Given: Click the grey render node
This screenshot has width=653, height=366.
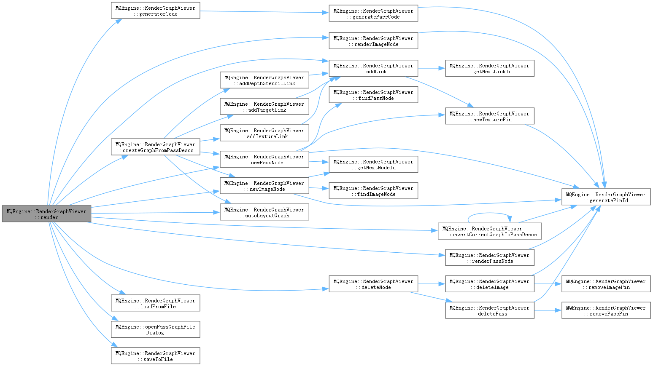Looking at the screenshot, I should pos(46,214).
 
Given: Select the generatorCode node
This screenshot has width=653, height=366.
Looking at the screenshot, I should pos(155,11).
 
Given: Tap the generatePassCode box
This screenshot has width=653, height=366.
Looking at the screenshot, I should pos(373,13).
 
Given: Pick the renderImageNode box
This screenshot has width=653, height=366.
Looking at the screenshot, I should pos(373,41).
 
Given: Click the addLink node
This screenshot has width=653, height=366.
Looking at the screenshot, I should pos(373,68).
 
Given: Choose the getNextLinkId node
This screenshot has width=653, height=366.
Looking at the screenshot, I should pos(489,68).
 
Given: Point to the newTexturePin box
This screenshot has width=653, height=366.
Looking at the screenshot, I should pos(489,116).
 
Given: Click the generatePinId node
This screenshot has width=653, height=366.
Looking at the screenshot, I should pos(606,197).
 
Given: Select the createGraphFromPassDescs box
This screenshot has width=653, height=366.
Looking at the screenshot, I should pos(155,147).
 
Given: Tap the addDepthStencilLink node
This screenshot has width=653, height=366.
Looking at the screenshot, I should pos(264,80).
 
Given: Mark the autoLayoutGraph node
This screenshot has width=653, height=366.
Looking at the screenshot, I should pos(264,212).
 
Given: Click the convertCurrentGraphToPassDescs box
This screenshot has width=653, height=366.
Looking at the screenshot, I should pos(489,231).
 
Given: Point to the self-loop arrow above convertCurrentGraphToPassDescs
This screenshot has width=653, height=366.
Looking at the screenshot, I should pos(489,214).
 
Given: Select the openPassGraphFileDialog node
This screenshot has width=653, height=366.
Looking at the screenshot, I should pos(155,329).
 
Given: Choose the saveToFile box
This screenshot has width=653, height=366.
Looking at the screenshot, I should pos(155,356).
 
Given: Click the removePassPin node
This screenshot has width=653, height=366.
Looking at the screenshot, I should pos(606,310).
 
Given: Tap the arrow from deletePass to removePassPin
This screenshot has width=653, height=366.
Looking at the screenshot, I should pos(548,310).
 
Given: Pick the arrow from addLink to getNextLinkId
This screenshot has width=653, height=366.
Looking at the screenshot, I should pos(431,68).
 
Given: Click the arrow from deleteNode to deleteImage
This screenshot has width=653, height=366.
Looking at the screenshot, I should pos(431,284).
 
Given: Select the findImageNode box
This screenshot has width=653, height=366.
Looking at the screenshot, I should pos(373,191).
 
